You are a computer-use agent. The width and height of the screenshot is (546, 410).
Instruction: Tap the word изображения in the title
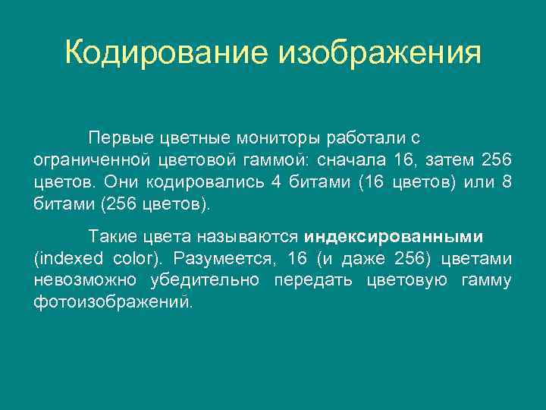(x=380, y=54)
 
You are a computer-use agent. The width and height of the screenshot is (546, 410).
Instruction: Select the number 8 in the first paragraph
(x=507, y=182)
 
